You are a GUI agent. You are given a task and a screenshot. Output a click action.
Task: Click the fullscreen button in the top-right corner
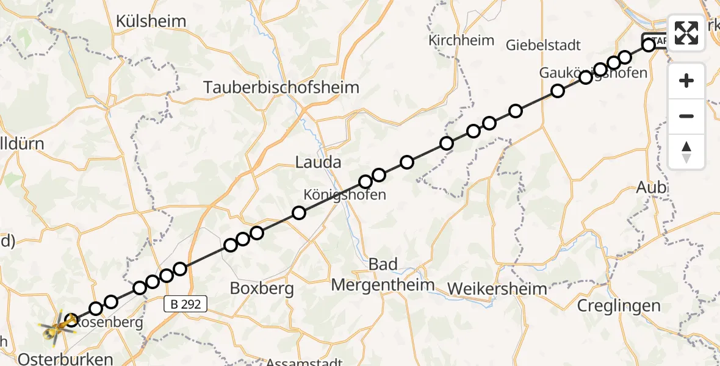686,33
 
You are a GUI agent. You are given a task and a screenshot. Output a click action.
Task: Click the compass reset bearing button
686,152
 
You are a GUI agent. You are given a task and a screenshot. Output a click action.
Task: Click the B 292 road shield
185,303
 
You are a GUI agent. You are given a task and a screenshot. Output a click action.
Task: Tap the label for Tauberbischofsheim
281,87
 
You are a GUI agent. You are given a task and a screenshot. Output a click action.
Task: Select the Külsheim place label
151,21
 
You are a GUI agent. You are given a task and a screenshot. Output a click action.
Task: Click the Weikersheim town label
497,288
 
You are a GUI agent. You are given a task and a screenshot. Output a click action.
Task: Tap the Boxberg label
262,288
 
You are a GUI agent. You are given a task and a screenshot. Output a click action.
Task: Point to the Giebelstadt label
543,45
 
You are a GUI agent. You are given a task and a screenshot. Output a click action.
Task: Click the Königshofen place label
345,195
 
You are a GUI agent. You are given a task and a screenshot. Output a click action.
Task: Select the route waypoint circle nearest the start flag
649,45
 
